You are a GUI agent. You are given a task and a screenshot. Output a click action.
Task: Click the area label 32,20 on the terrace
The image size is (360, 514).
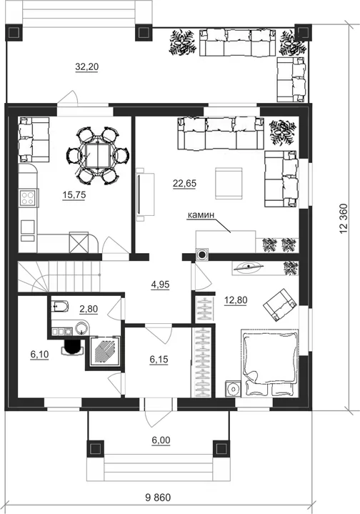pyautogui.click(x=87, y=67)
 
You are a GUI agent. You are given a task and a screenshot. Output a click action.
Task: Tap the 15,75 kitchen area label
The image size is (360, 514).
pyautogui.click(x=74, y=195)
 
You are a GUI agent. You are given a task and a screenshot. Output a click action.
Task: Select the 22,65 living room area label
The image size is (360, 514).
pyautogui.click(x=184, y=184)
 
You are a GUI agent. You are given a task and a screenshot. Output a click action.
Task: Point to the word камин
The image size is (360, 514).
pyautogui.click(x=201, y=215)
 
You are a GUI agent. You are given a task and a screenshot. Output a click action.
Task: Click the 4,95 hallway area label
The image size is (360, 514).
pyautogui.click(x=160, y=285)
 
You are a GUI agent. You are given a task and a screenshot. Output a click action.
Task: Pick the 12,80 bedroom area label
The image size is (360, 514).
pyautogui.click(x=236, y=300)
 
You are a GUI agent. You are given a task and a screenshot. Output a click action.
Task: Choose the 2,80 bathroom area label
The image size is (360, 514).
pyautogui.click(x=89, y=309)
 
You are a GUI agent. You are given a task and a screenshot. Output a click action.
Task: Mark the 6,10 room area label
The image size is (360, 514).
pyautogui.click(x=39, y=354)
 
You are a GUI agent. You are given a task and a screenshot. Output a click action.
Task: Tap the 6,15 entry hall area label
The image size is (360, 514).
pyautogui.click(x=159, y=360)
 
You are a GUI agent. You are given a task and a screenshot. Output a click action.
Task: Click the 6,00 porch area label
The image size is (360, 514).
pyautogui.click(x=161, y=440)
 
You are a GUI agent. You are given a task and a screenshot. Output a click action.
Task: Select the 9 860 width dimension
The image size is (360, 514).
pyautogui.click(x=158, y=498)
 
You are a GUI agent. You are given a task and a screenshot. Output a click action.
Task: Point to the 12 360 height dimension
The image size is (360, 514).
pyautogui.click(x=344, y=219)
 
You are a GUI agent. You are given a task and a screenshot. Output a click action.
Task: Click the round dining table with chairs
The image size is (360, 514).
pyautogui.click(x=98, y=155)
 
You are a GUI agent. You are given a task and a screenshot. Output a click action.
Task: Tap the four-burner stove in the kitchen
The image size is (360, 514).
pyautogui.click(x=27, y=198)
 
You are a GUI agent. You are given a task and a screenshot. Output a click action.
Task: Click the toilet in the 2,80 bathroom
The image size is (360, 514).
pyautogui.click(x=60, y=307)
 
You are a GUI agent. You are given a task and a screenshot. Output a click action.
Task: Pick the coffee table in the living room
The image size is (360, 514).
pyautogui.click(x=229, y=183)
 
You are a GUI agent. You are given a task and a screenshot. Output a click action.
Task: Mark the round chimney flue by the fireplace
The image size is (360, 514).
pyautogui.click(x=202, y=254)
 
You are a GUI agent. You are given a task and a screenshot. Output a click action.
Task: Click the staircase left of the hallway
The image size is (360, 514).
pyautogui.click(x=59, y=277)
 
